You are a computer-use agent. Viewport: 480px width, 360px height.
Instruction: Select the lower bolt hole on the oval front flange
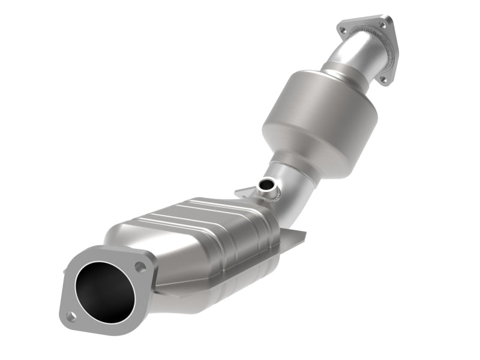click(71, 316)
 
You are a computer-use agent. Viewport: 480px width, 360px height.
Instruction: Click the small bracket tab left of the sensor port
click(243, 192)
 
